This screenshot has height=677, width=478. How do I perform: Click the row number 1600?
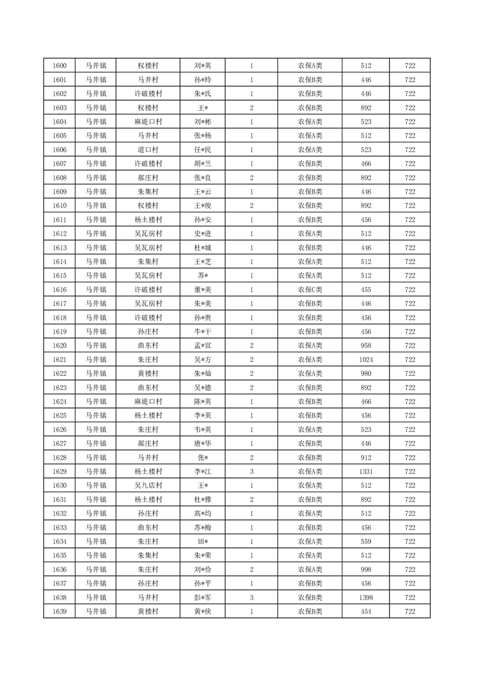pyautogui.click(x=60, y=66)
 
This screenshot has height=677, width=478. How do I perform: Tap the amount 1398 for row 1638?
pyautogui.click(x=366, y=598)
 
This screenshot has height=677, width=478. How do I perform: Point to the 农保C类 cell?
pyautogui.click(x=310, y=290)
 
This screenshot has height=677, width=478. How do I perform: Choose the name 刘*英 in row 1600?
pyautogui.click(x=203, y=66)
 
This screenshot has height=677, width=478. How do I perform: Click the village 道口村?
pyautogui.click(x=148, y=150)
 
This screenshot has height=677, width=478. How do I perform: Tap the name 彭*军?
pyautogui.click(x=203, y=598)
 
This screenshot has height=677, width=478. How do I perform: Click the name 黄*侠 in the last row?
pyautogui.click(x=203, y=612)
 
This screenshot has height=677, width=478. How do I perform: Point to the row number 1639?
pyautogui.click(x=60, y=612)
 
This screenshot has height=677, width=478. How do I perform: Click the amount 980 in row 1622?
pyautogui.click(x=366, y=373)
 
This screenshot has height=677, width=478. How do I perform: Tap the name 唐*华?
pyautogui.click(x=203, y=443)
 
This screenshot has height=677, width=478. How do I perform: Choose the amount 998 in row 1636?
pyautogui.click(x=366, y=570)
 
